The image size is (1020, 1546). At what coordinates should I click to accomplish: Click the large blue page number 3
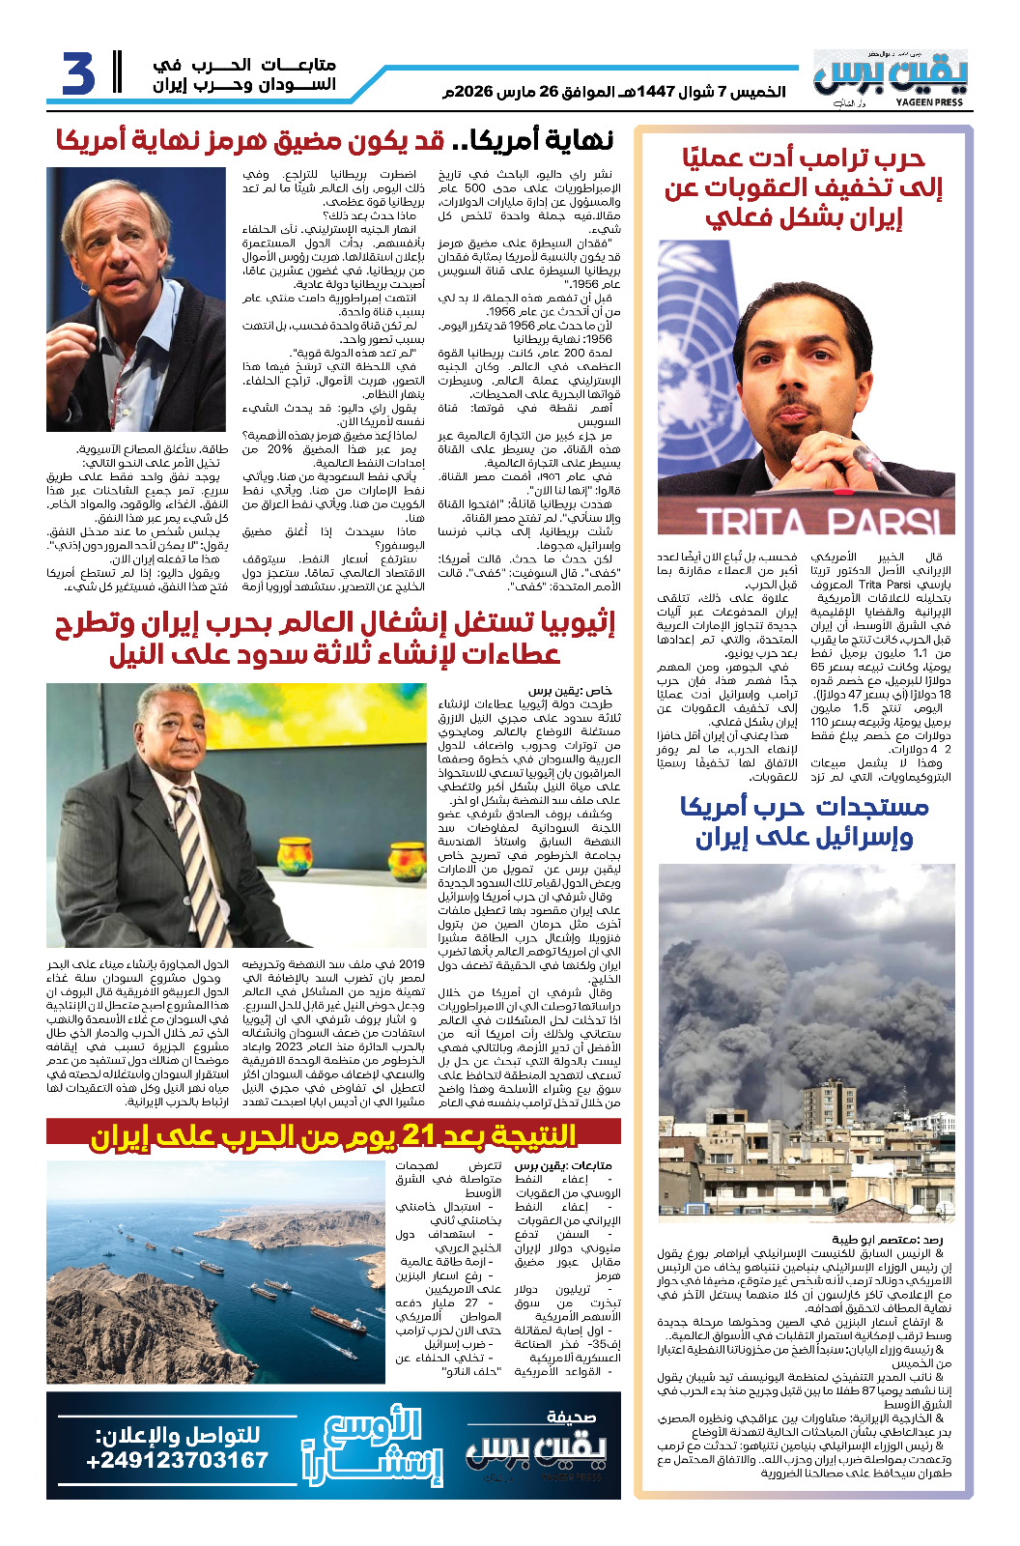[x=79, y=73]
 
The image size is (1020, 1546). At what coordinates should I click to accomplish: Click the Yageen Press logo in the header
[x=889, y=76]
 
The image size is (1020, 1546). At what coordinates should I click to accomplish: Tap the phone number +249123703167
[x=177, y=1460]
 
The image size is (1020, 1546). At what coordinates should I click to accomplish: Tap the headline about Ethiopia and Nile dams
[x=333, y=639]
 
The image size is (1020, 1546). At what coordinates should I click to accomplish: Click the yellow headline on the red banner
[x=333, y=1135]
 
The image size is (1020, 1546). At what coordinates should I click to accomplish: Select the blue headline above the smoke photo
[x=804, y=821]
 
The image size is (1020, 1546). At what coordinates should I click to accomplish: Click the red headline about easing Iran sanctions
[x=804, y=187]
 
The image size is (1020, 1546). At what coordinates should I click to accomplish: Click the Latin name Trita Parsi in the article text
[x=882, y=586]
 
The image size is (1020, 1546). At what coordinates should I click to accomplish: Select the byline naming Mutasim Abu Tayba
[x=887, y=1239]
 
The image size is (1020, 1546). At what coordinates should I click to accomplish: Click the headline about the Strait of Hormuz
[x=334, y=141]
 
